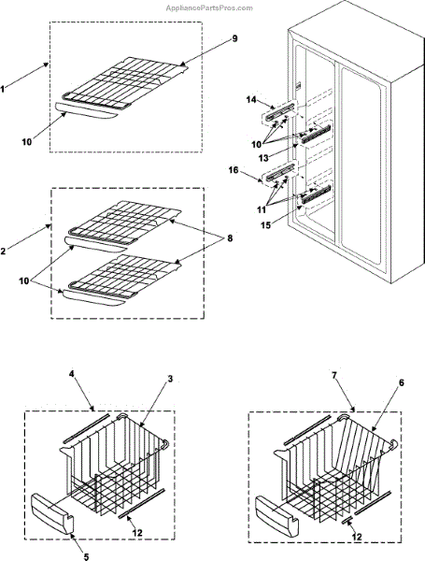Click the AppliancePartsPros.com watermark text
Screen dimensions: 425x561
pos(209,7)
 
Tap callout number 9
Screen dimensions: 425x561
pos(234,38)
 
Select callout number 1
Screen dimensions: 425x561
pos(3,89)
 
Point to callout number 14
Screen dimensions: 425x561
pos(251,99)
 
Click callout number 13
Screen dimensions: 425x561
pos(263,158)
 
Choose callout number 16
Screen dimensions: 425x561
pos(234,170)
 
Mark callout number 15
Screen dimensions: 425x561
pos(265,225)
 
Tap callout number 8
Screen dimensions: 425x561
pos(230,237)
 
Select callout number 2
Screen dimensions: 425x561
pos(3,252)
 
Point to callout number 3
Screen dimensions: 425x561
pos(170,379)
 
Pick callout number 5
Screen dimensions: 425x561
pos(86,556)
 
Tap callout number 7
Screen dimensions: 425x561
pos(334,375)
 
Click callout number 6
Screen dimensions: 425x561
pos(402,382)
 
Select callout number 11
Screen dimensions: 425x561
pos(262,209)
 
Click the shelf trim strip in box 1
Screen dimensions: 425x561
pos(86,111)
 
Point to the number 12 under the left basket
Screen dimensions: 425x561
pos(137,533)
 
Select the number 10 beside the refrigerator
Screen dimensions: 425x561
pos(257,145)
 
